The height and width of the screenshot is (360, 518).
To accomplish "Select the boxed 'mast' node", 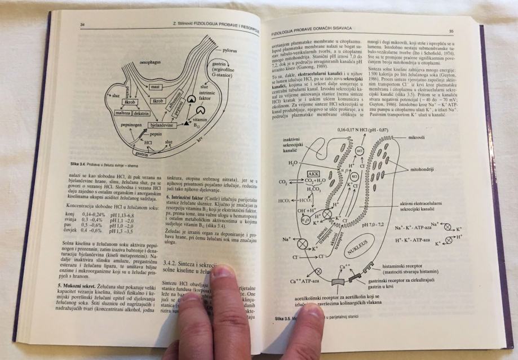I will coord(156,87).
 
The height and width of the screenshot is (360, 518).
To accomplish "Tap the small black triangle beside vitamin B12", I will coord(186,122).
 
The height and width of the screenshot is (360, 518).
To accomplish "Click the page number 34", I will coord(82,24).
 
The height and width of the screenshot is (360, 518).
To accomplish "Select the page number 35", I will coord(451,32).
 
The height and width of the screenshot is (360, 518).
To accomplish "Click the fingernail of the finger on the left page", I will coord(223,272).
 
